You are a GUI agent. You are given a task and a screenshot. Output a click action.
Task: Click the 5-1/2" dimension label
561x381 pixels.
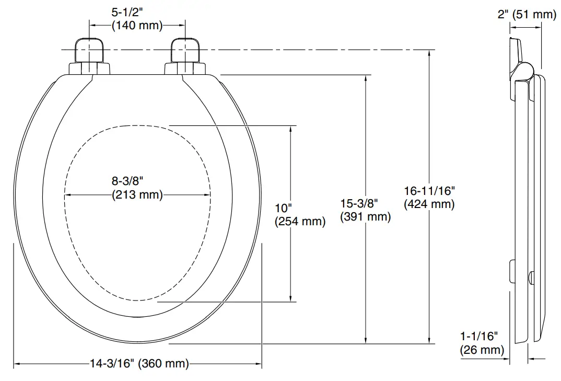pos(137,11)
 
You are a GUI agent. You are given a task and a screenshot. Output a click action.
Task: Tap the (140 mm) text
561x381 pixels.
pos(137,25)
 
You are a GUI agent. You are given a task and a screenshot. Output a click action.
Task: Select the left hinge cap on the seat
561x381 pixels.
pos(90,51)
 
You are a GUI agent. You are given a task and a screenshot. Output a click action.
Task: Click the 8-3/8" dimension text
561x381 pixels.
pos(127,181)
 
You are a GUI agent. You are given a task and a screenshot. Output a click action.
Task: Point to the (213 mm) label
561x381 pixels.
pos(137,195)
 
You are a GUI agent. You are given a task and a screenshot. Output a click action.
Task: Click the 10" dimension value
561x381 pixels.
pos(284,207)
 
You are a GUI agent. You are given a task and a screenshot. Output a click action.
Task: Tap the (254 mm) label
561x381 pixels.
pos(300,221)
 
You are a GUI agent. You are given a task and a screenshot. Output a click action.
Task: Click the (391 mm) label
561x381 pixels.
pos(365,216)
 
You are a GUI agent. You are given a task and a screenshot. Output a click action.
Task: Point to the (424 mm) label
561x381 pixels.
pos(429,204)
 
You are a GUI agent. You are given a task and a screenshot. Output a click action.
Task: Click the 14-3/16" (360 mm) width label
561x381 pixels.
pos(138,364)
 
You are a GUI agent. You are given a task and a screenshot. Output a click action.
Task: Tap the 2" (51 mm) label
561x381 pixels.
pos(527,14)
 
